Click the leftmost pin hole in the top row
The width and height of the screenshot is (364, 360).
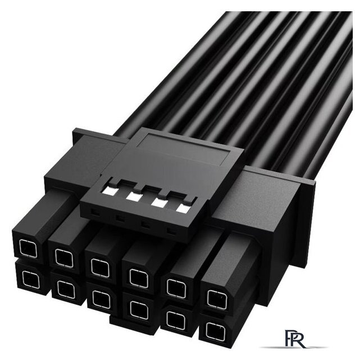[x=28, y=249]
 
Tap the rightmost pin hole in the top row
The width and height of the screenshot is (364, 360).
[x=216, y=299]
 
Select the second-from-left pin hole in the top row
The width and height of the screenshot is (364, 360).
[x=64, y=258]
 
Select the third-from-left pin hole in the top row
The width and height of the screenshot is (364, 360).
[x=101, y=268]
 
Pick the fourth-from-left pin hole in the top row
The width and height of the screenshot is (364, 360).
[x=139, y=278]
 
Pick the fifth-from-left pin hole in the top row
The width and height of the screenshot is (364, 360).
[x=176, y=289]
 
